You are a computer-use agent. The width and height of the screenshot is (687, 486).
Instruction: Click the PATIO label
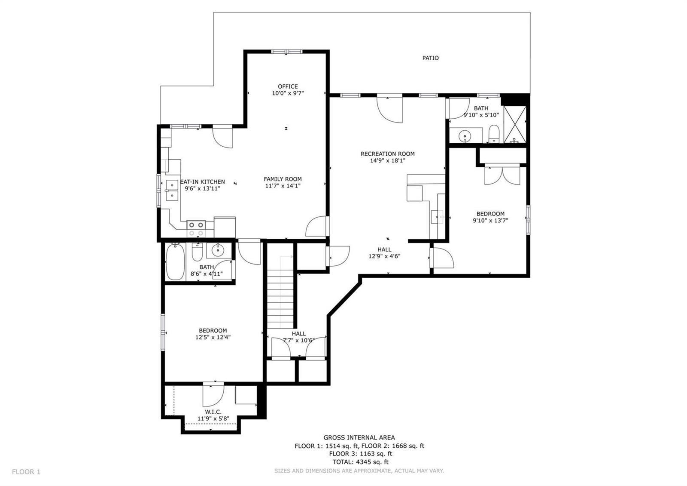(x=430, y=58)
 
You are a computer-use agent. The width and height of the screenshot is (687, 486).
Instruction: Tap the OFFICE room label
(x=288, y=86)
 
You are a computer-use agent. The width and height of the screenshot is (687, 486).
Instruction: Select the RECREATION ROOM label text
(x=387, y=154)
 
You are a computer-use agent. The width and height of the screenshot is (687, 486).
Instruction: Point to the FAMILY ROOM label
(x=283, y=179)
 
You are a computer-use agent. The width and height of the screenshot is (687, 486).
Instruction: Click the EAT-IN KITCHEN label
(x=202, y=182)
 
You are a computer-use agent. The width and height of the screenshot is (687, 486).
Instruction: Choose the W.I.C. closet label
(x=213, y=412)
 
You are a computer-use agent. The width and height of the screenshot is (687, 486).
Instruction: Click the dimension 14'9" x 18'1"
(x=388, y=161)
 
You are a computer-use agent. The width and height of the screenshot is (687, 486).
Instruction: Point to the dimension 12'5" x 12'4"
(x=213, y=337)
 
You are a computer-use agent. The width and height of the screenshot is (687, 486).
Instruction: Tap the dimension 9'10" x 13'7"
(x=490, y=221)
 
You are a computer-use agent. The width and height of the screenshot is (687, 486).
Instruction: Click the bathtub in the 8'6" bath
(x=175, y=261)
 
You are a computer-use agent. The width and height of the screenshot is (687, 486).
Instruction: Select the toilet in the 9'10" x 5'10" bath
(x=494, y=134)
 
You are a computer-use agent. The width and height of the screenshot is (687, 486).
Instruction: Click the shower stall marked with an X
(x=515, y=124)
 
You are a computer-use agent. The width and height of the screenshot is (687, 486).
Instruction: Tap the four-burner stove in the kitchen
(x=196, y=229)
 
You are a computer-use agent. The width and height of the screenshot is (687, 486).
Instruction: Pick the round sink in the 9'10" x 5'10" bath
(x=465, y=135)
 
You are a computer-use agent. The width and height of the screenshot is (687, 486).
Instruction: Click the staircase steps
(x=280, y=302)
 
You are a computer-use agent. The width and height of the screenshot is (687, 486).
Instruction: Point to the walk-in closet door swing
(x=213, y=395)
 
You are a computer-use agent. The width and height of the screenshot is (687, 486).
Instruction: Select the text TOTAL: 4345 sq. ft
(x=360, y=462)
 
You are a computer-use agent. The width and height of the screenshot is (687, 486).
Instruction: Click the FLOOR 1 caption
(x=26, y=472)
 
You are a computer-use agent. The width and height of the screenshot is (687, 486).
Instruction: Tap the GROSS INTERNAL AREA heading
(x=359, y=437)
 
